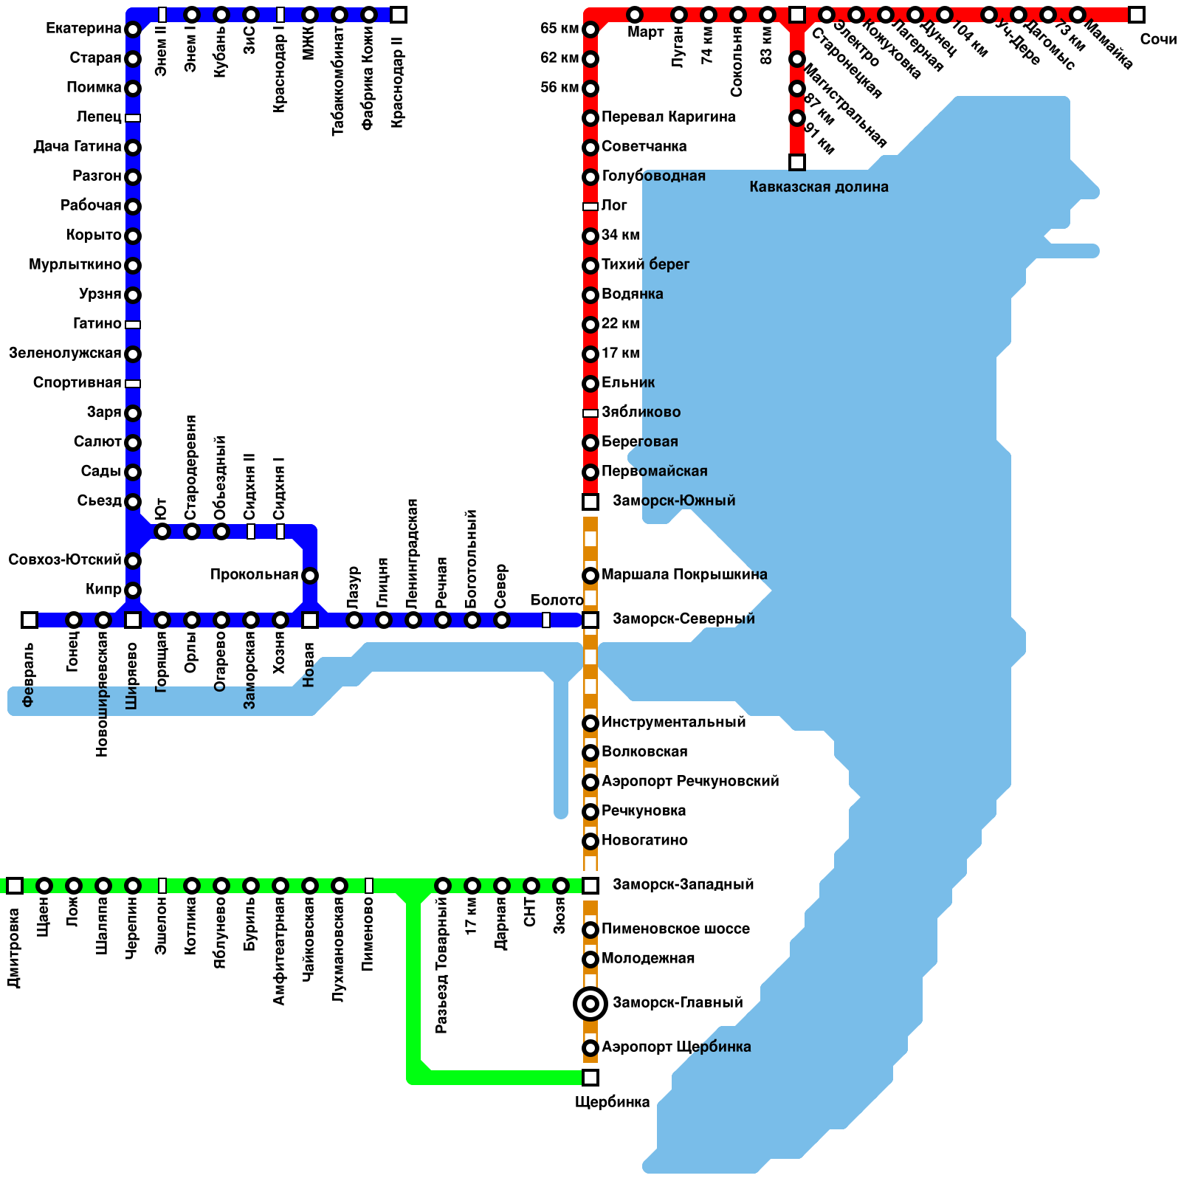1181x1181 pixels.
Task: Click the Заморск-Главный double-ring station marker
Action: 590,1004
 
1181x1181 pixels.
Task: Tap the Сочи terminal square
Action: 1137,15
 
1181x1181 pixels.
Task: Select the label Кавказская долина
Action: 819,187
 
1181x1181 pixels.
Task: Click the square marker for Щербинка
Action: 590,1078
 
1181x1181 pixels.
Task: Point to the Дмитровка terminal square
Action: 15,886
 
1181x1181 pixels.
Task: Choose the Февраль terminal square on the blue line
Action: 30,620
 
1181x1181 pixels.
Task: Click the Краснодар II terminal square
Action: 399,15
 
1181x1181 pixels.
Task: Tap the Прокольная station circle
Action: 310,576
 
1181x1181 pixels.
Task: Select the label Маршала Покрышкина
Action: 684,574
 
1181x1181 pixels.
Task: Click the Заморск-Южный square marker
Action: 590,502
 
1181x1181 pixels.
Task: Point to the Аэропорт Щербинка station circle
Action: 590,1048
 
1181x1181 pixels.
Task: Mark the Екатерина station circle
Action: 133,30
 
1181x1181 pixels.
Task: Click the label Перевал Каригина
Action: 668,117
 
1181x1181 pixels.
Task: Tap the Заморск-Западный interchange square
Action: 590,886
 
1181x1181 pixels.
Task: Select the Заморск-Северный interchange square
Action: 590,620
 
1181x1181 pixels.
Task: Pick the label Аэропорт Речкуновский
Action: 690,781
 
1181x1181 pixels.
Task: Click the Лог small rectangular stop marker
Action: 590,207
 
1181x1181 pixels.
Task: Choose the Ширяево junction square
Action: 133,620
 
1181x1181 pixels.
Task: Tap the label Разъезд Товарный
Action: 441,965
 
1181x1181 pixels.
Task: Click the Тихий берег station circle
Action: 590,266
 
